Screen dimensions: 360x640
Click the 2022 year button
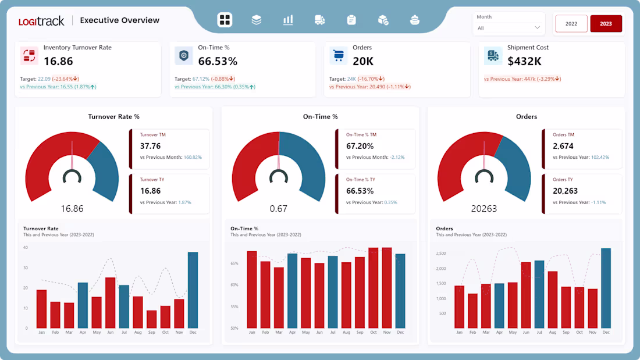[571, 24]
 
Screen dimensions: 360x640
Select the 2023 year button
[606, 24]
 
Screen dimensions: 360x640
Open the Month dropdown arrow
[537, 27]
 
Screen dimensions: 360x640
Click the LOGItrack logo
[41, 21]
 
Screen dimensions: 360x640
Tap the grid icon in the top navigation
[225, 20]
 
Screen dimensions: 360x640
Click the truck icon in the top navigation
[319, 20]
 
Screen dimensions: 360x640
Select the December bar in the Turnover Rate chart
[193, 290]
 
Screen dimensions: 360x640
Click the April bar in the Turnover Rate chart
[83, 305]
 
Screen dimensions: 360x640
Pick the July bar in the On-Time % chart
[333, 291]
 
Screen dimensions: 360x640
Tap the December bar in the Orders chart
[606, 288]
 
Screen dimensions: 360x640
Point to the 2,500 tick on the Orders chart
[440, 254]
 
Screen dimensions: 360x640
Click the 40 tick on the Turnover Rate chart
[26, 248]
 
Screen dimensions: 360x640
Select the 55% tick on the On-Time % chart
[234, 306]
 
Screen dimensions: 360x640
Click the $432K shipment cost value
[524, 61]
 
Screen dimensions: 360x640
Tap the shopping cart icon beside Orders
[338, 56]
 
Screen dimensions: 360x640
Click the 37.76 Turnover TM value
[150, 146]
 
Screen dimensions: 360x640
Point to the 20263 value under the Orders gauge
[484, 208]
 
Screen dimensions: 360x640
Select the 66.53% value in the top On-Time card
[218, 61]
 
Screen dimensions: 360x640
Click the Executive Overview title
[119, 20]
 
